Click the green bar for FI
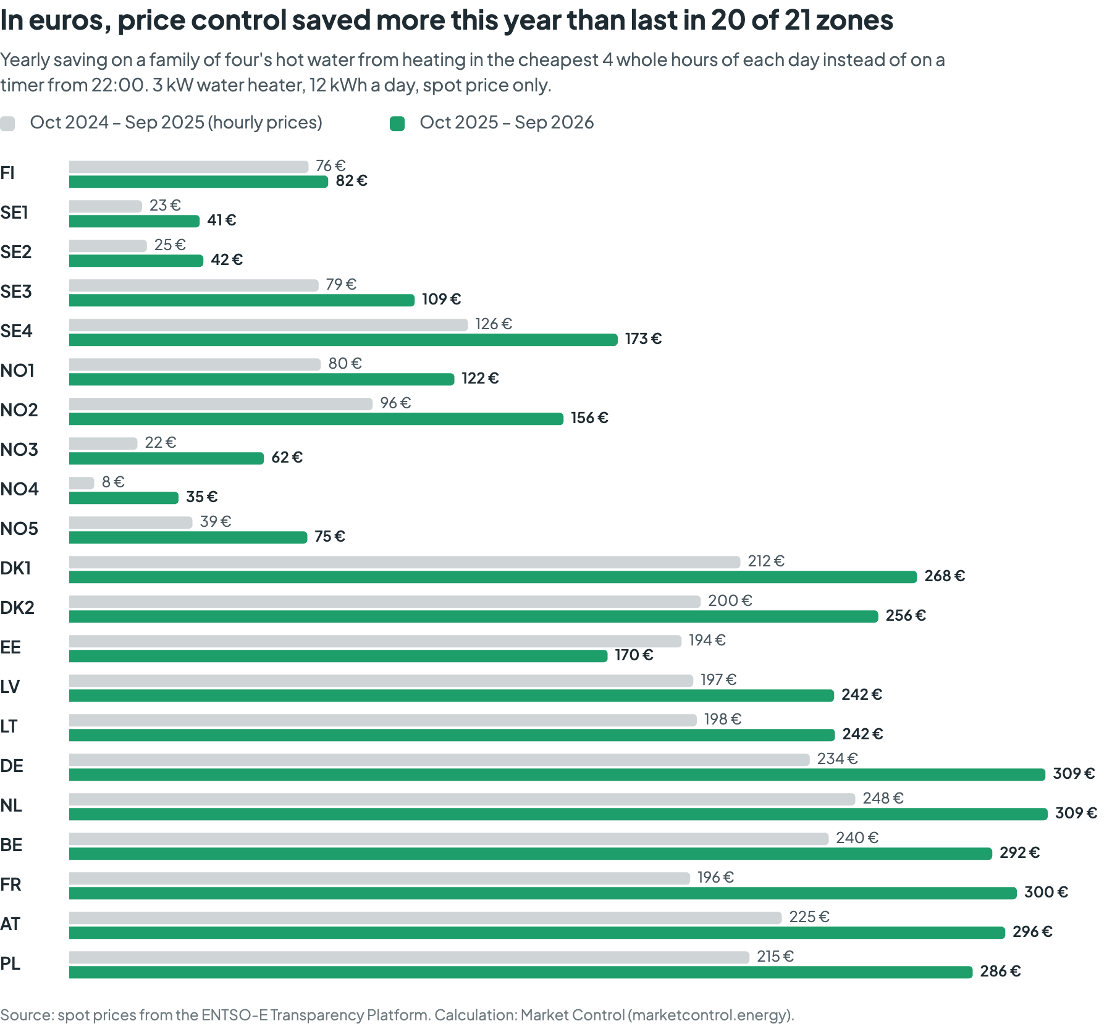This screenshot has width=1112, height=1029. click(198, 182)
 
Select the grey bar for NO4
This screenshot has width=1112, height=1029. click(82, 482)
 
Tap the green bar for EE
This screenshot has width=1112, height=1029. click(339, 656)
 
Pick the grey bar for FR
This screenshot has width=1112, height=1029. click(379, 878)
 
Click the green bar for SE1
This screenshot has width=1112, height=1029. click(134, 221)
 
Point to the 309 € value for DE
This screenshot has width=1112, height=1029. click(1074, 773)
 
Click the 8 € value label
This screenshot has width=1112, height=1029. click(113, 482)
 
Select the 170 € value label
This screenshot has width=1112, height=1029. click(634, 655)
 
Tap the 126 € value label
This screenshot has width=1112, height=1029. click(494, 324)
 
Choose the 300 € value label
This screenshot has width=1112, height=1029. click(1046, 892)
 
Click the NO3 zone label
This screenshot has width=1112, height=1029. click(19, 450)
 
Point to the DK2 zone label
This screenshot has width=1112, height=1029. click(17, 608)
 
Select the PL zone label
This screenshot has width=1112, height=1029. click(11, 964)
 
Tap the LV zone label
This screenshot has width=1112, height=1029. click(10, 687)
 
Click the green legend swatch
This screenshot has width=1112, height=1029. click(397, 124)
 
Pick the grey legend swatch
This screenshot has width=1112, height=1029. click(7, 124)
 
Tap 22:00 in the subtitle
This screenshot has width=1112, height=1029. click(118, 85)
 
